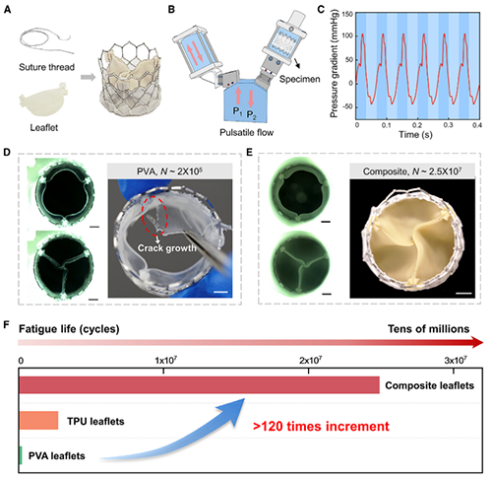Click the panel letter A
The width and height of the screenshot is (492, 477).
coord(7,9)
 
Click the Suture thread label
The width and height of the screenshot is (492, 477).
coord(46,67)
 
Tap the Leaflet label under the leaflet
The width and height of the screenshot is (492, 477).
coord(44,127)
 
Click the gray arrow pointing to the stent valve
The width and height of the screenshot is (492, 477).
coord(88,77)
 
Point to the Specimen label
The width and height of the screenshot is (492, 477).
coord(299,79)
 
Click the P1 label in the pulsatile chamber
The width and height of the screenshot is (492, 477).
coord(237,111)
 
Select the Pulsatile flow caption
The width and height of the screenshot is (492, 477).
coord(247,132)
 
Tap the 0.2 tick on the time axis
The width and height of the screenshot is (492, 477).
coord(417,125)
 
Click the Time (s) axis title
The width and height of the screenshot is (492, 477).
coord(415,134)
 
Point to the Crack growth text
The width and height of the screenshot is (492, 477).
coord(167,247)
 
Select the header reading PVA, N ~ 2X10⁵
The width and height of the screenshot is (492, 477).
coord(169,170)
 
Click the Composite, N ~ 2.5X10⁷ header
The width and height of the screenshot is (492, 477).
coord(412,171)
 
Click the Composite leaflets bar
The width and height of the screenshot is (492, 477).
coord(199,385)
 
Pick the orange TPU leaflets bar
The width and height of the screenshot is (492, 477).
coord(38,421)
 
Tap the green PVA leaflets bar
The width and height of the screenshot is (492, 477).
coord(21,455)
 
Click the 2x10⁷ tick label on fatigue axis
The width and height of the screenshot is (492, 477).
coord(310,361)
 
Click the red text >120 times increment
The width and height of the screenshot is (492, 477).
coord(321,426)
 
